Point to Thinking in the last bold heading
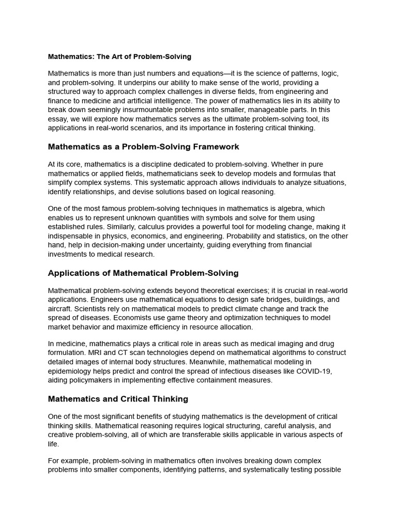(x=169, y=399)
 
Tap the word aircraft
(x=60, y=308)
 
